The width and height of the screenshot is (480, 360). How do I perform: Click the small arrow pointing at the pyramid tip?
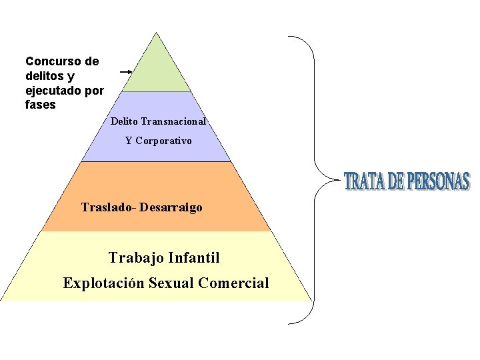[125, 71]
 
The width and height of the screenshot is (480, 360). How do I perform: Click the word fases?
[40, 105]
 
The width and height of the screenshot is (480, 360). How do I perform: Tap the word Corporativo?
[164, 141]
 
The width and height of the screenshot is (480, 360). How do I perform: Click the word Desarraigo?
[171, 207]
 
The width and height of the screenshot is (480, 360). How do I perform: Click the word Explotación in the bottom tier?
[103, 283]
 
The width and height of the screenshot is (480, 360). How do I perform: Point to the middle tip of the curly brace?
[319, 180]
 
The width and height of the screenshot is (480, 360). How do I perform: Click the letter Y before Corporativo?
[129, 141]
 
